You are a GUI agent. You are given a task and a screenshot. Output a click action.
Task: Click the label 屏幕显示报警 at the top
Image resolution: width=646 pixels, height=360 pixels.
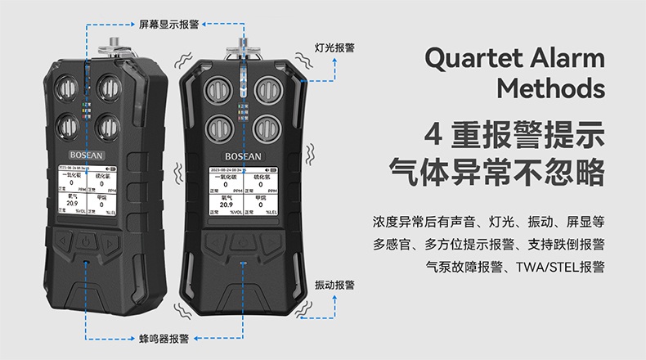[168, 25]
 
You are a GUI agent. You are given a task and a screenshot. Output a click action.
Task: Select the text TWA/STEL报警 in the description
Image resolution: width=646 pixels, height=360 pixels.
[559, 266]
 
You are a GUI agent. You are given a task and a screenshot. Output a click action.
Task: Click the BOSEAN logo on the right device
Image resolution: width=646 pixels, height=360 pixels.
[245, 153]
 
